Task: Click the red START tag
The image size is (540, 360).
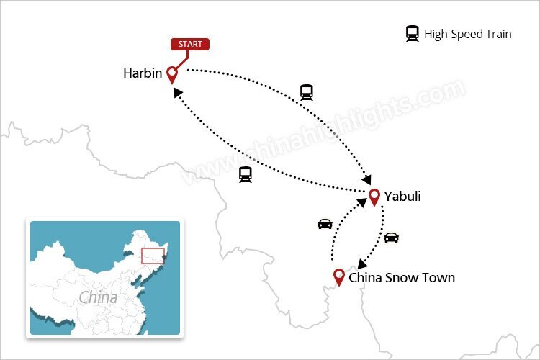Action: click(190, 45)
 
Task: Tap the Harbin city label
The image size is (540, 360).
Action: click(142, 73)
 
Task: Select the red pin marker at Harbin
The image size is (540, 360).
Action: click(172, 74)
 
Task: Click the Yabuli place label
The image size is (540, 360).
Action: click(402, 197)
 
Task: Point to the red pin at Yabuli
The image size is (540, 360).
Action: click(374, 197)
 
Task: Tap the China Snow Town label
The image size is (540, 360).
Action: click(401, 277)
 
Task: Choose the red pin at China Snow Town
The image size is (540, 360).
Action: click(338, 277)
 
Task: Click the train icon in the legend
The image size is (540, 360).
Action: click(413, 33)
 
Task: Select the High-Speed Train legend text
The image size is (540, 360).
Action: click(468, 34)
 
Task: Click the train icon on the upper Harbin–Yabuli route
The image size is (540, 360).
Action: click(307, 92)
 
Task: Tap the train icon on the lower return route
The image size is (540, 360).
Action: click(246, 174)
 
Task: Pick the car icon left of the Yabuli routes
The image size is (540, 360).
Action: click(325, 224)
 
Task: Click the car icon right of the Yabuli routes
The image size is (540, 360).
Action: click(391, 237)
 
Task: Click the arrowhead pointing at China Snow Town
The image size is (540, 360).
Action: click(362, 265)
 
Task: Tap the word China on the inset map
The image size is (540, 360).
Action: click(98, 297)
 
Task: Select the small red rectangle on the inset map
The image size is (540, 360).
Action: click(153, 256)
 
